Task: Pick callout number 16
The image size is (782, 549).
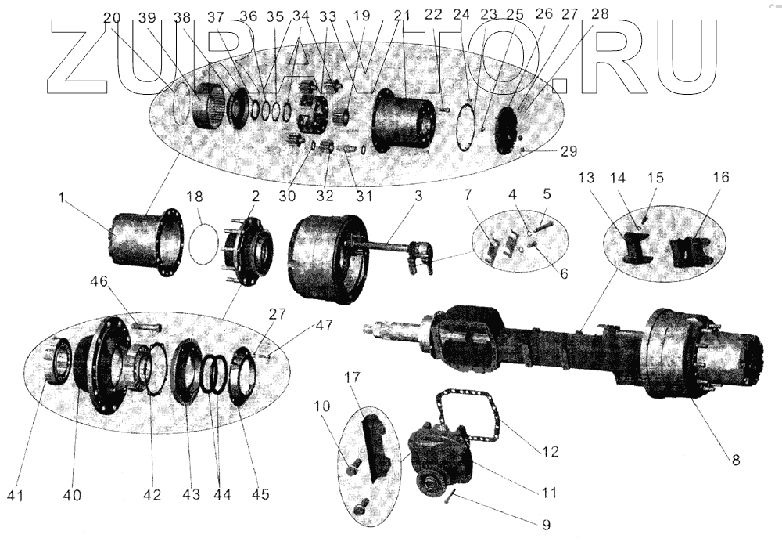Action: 720,178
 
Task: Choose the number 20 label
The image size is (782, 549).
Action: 111,16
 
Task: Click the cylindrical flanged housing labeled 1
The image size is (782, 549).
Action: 137,240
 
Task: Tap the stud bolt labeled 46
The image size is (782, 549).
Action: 146,325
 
